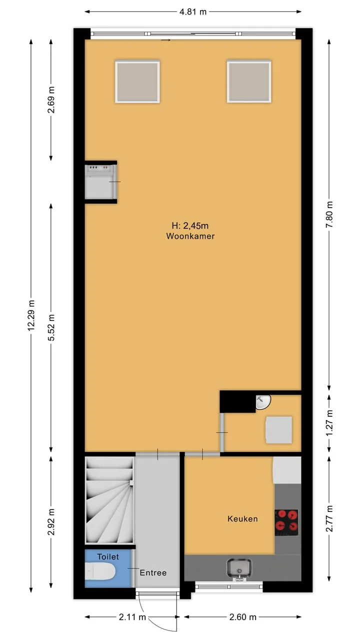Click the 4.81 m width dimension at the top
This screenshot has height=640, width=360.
pyautogui.click(x=193, y=12)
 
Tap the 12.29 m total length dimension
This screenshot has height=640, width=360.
pyautogui.click(x=31, y=315)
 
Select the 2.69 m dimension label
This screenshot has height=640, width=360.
pyautogui.click(x=51, y=99)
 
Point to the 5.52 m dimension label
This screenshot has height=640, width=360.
pyautogui.click(x=51, y=327)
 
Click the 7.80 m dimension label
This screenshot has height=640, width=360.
pyautogui.click(x=329, y=214)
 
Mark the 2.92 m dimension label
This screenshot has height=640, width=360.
pyautogui.click(x=51, y=521)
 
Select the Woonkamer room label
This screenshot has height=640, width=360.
pyautogui.click(x=190, y=236)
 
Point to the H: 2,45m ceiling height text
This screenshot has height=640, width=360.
pyautogui.click(x=190, y=225)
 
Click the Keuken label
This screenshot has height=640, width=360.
pyautogui.click(x=242, y=518)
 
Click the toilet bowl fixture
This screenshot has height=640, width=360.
pyautogui.click(x=100, y=571)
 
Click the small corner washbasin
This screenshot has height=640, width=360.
pyautogui.click(x=263, y=402)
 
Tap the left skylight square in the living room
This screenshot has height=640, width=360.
pyautogui.click(x=137, y=81)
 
